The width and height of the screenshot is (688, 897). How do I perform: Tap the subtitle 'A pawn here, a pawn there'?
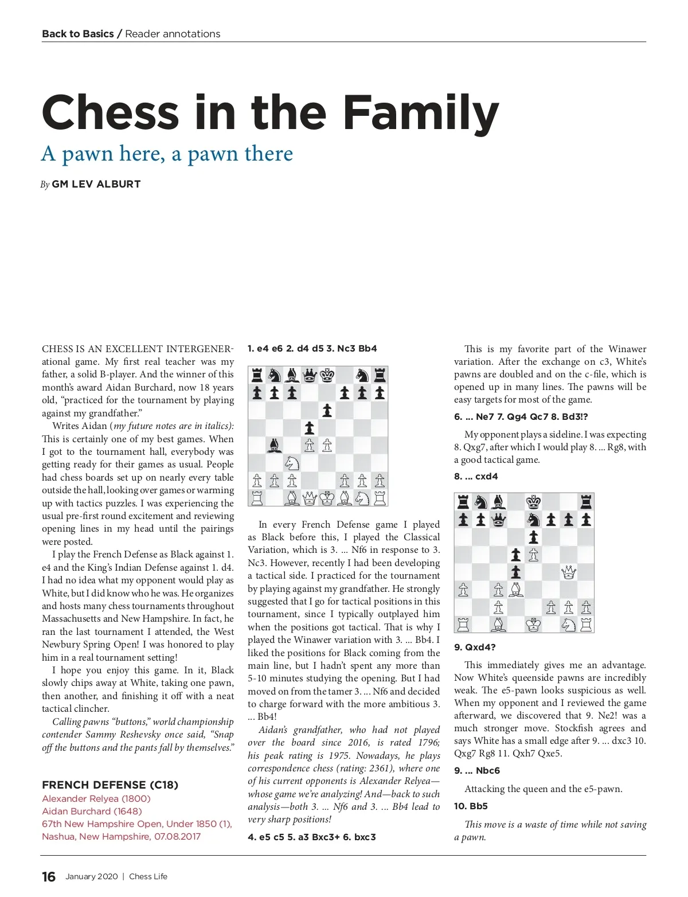167,154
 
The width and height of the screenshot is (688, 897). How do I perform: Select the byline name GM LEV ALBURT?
96,184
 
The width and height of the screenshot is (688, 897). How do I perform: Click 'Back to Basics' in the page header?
77,34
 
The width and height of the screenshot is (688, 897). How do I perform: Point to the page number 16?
49,876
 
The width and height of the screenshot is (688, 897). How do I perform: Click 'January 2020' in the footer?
91,876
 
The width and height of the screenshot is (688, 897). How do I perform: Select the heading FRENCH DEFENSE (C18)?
110,785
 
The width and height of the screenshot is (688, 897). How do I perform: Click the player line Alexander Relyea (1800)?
96,798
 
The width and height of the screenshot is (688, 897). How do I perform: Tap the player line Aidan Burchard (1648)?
92,811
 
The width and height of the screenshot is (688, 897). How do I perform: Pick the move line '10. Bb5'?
471,806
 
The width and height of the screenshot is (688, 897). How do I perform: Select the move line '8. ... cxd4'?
476,476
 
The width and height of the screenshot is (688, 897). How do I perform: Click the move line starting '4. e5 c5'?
312,837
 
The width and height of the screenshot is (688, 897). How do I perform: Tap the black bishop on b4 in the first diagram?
275,445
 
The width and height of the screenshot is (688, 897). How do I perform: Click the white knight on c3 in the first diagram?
292,462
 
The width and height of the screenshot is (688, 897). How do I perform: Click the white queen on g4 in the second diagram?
568,572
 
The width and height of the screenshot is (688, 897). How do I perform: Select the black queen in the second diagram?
498,520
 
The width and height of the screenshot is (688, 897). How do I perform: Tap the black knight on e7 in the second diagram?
533,520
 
